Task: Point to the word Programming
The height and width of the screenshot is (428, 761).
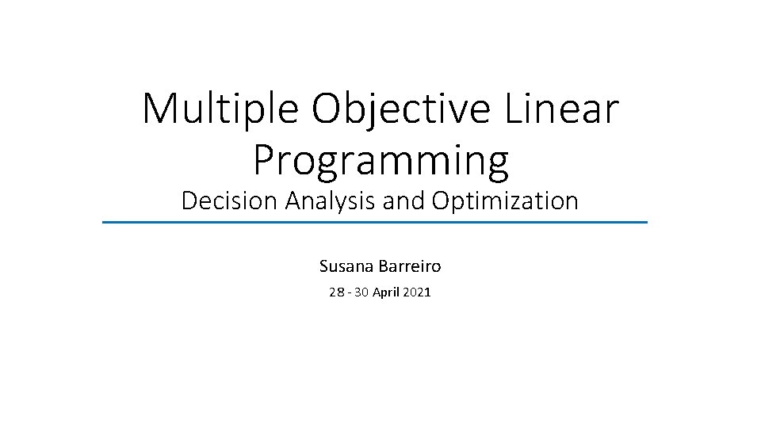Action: pyautogui.click(x=380, y=160)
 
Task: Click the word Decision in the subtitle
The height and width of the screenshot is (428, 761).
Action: pyautogui.click(x=229, y=201)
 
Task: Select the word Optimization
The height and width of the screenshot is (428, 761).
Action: pyautogui.click(x=505, y=201)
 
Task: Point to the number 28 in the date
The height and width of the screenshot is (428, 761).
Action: pyautogui.click(x=336, y=292)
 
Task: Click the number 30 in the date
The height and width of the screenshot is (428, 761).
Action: pyautogui.click(x=361, y=292)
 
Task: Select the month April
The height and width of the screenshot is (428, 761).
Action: pyautogui.click(x=386, y=292)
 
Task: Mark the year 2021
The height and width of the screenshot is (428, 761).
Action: pyautogui.click(x=417, y=292)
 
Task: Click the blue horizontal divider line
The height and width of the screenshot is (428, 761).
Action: pyautogui.click(x=375, y=223)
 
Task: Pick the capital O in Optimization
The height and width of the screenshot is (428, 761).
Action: pyautogui.click(x=441, y=201)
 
